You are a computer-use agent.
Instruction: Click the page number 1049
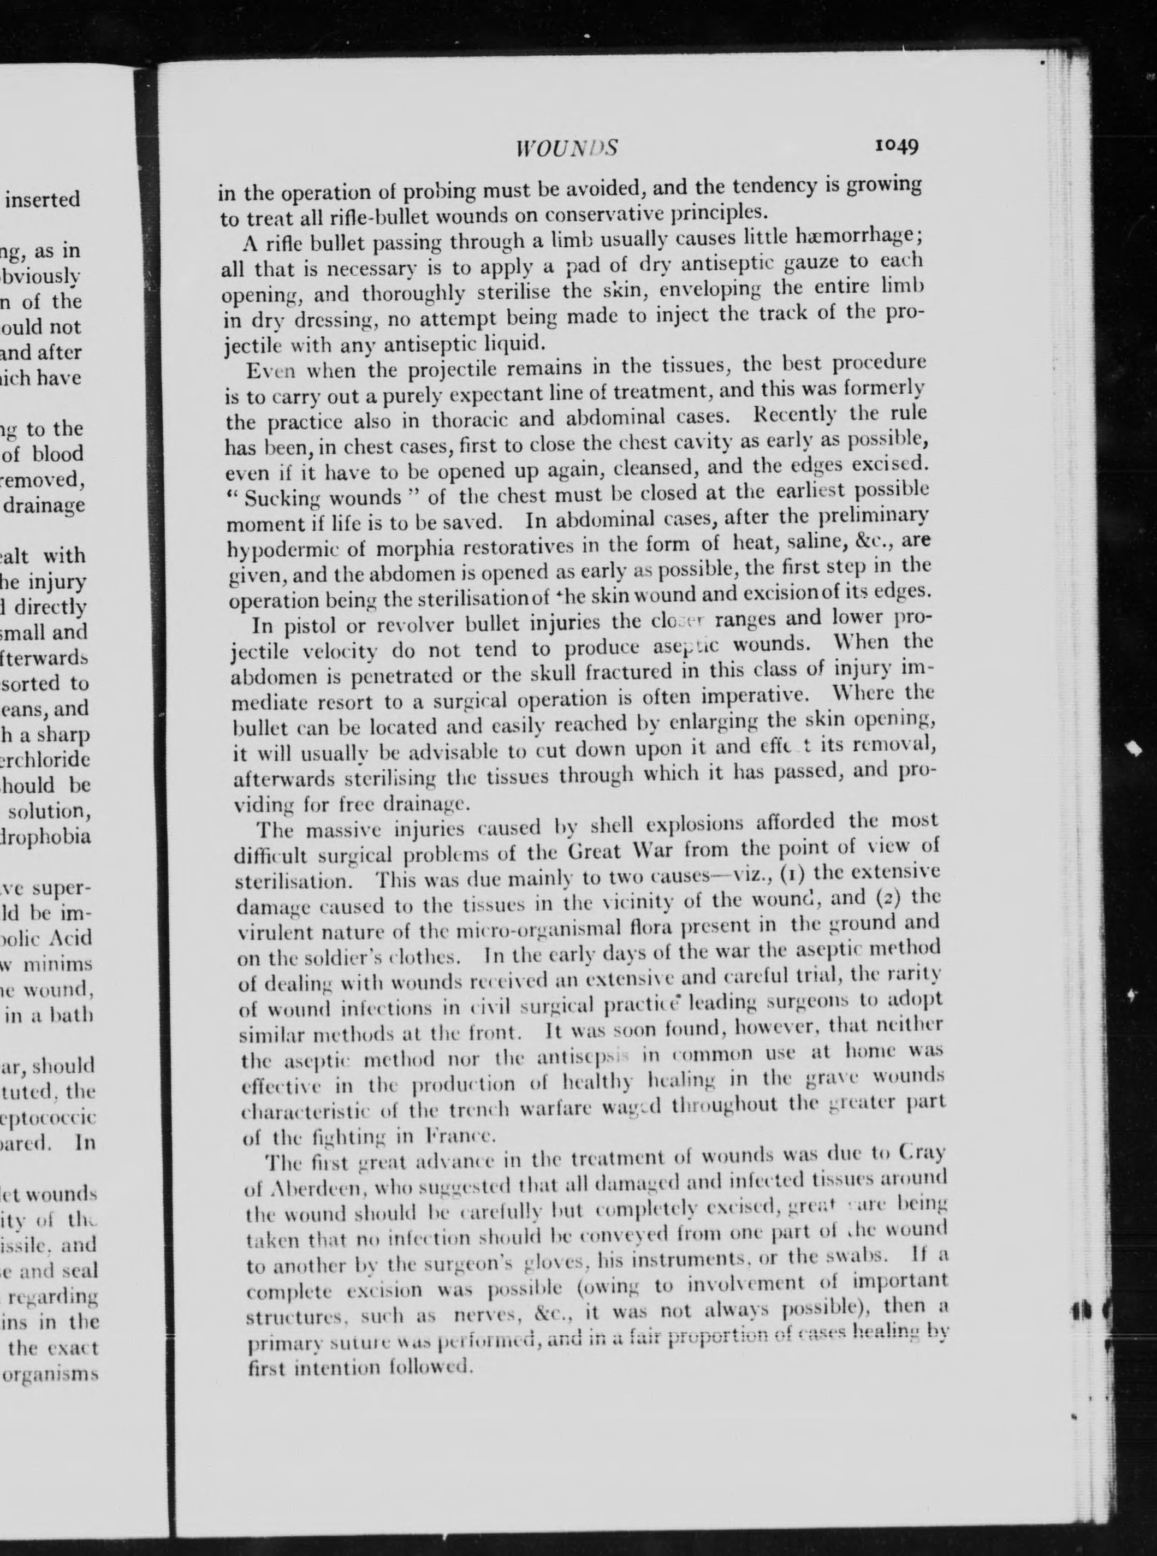pyautogui.click(x=896, y=146)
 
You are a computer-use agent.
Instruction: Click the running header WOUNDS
pyautogui.click(x=566, y=149)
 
